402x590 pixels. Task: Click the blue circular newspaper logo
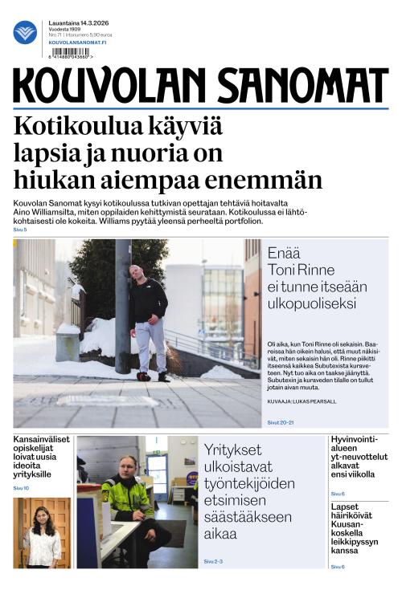pyautogui.click(x=25, y=32)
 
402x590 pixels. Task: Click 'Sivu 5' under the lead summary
pyautogui.click(x=19, y=230)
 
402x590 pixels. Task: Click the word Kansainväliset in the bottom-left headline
pyautogui.click(x=42, y=440)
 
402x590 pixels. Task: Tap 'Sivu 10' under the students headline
pyautogui.click(x=21, y=488)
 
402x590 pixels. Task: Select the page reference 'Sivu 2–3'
pyautogui.click(x=213, y=561)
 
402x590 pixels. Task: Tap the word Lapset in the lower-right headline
pyautogui.click(x=347, y=507)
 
